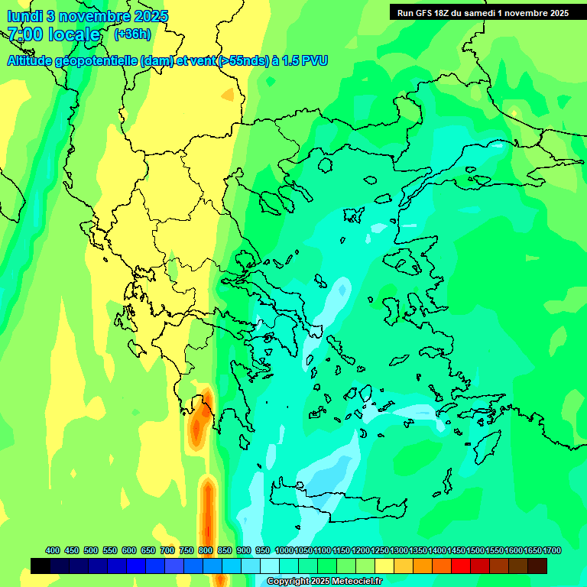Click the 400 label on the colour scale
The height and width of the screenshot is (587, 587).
(53, 550)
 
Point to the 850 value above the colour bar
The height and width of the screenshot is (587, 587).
(225, 550)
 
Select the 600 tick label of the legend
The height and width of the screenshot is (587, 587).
(129, 550)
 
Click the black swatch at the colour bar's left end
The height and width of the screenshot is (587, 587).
(41, 566)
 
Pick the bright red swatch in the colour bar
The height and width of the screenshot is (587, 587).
(461, 566)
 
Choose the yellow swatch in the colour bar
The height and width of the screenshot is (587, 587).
(384, 566)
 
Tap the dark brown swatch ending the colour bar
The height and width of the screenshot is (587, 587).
(537, 566)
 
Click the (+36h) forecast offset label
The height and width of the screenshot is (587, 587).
(132, 34)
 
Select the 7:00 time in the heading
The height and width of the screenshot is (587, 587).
(25, 34)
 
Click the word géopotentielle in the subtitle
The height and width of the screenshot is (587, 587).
(102, 60)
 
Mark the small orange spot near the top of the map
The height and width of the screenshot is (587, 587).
(228, 95)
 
